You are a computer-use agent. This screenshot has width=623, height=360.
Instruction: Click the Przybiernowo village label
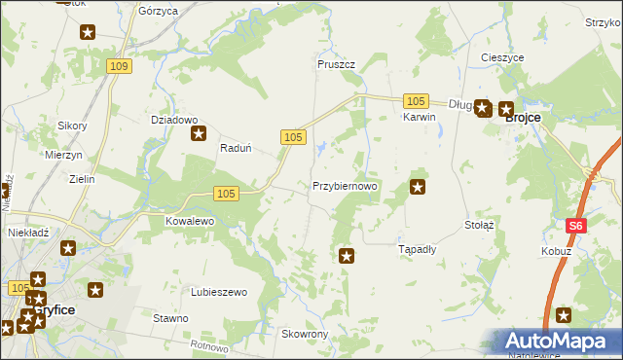[x=345, y=185]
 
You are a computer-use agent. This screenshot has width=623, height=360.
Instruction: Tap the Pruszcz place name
[x=336, y=64]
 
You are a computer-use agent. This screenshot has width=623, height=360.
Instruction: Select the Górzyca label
[x=158, y=11]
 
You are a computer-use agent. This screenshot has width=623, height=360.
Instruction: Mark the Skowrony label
[x=305, y=334]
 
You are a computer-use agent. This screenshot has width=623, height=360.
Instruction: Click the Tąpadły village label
[x=419, y=248]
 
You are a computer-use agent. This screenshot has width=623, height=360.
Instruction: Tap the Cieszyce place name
[x=502, y=58]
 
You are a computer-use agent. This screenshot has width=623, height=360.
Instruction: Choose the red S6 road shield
[x=576, y=226]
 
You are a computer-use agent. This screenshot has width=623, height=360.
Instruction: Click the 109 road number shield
[x=119, y=65]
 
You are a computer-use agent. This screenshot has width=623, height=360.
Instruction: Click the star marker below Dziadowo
[x=200, y=135]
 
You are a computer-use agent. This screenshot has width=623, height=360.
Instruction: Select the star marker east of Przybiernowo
[x=419, y=187]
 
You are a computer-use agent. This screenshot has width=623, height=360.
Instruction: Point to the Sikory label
[x=73, y=126]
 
